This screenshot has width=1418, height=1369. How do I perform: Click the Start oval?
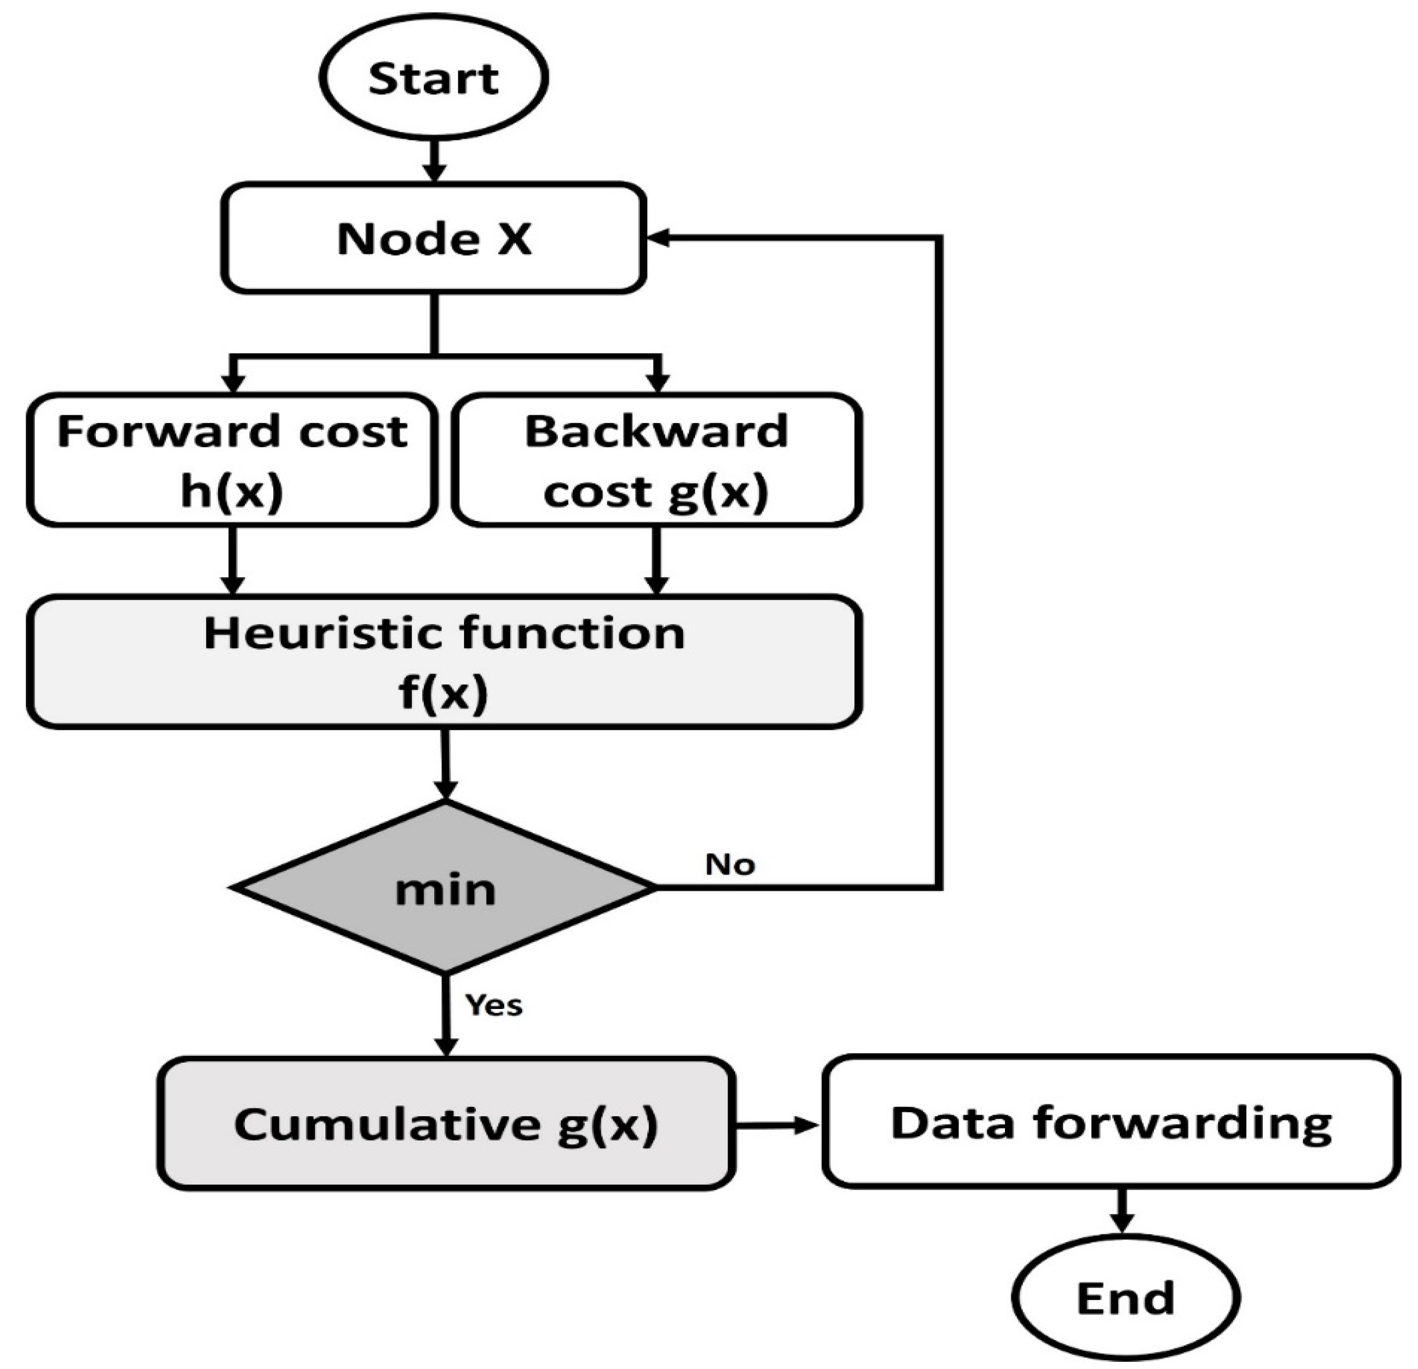pos(433,77)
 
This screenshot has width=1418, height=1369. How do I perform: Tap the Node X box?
pos(433,238)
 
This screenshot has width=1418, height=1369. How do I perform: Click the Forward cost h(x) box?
pos(232,460)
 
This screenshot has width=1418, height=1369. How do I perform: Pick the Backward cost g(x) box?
pos(656,460)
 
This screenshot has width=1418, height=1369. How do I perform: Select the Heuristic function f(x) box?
pos(443,661)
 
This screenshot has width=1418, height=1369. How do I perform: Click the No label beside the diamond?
pos(730,864)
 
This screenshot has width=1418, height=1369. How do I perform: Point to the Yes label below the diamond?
pos(493,1005)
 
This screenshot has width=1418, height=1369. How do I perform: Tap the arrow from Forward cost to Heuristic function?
pos(232,561)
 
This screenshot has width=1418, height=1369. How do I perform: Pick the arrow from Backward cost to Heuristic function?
pos(656,561)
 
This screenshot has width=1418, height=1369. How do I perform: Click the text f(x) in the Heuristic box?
pos(443,692)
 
